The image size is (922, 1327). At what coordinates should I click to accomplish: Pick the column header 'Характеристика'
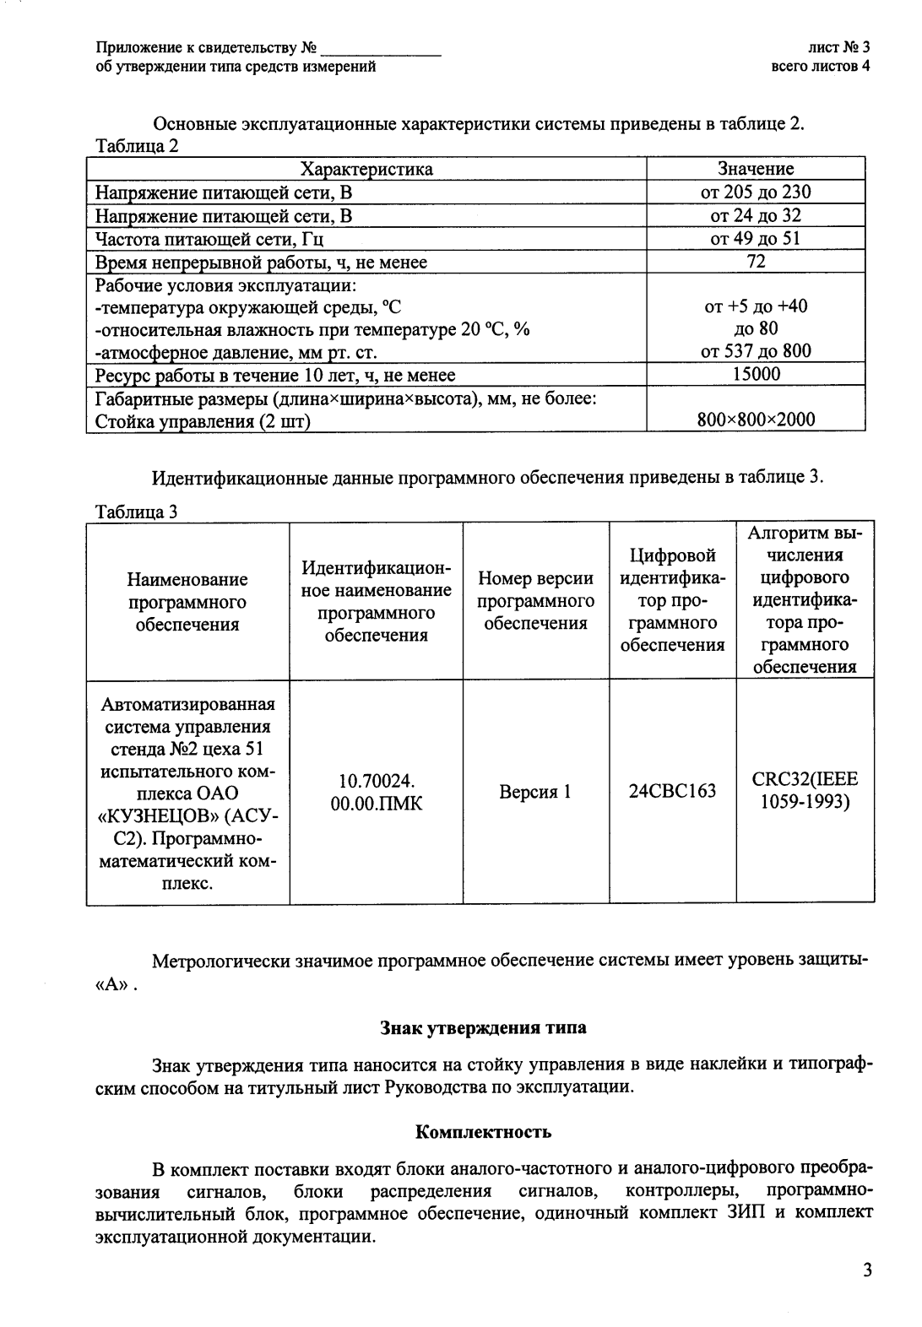coord(366,169)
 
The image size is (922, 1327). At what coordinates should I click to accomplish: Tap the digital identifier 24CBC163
coord(672,791)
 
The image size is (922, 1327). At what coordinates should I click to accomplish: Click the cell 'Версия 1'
coord(535,792)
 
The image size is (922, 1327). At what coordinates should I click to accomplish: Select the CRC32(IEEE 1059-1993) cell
coord(805,791)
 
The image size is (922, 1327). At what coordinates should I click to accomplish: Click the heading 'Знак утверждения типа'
coord(483,1028)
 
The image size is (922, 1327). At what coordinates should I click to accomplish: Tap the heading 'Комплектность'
coord(484,1131)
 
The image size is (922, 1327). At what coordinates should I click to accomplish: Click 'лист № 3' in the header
coord(838,49)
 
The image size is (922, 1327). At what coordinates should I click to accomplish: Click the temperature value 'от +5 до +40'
coord(756,306)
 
